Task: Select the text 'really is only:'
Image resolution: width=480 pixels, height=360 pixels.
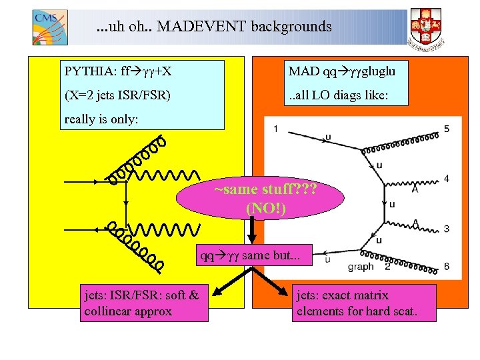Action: coord(101,120)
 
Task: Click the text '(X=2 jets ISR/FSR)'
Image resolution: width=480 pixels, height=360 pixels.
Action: coord(117,95)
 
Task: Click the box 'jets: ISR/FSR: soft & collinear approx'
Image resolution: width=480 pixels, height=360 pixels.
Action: coord(142,303)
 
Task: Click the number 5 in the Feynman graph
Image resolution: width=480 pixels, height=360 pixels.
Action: coord(446,129)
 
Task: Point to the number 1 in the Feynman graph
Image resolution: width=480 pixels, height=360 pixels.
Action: coord(275,129)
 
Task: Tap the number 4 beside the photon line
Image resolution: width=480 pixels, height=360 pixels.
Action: coord(446,179)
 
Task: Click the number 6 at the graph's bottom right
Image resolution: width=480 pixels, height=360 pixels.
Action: coord(446,267)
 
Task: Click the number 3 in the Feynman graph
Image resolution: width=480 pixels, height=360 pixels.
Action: coord(446,229)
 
